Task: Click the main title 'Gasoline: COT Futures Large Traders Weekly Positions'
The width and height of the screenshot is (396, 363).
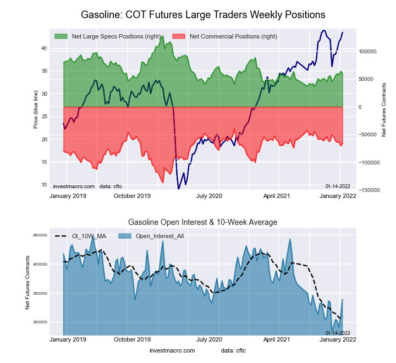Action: tap(203, 14)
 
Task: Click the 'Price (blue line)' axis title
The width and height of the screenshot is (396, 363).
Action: tap(36, 109)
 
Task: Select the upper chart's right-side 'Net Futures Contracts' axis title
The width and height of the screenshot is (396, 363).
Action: tap(384, 109)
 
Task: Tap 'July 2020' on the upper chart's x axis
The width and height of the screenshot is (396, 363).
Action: tap(209, 196)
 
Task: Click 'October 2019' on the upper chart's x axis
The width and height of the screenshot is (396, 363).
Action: tap(131, 196)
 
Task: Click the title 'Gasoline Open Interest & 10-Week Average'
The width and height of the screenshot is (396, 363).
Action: tap(202, 222)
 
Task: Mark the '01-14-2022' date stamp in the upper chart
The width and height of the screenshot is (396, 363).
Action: tap(338, 186)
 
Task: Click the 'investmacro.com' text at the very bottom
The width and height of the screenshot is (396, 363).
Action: tap(172, 350)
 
